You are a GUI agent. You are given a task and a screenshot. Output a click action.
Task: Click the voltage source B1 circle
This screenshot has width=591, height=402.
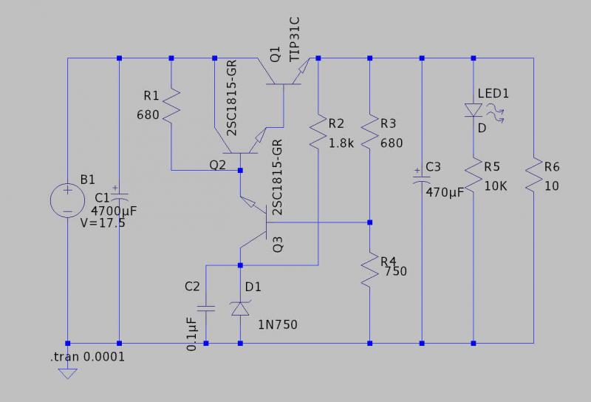[x=67, y=200]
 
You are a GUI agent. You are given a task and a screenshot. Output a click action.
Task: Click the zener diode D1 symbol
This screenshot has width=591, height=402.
[x=241, y=309]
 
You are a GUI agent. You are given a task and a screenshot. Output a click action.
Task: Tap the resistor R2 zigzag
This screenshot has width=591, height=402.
[x=318, y=133]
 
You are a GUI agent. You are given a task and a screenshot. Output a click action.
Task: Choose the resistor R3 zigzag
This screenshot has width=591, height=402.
[x=370, y=133]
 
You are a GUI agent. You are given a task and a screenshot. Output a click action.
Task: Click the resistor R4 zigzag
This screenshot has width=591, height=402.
[x=370, y=270]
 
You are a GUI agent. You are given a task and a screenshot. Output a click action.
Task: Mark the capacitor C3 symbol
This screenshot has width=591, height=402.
[x=422, y=177]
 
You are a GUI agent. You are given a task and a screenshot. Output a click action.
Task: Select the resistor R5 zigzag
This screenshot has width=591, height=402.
[x=473, y=177]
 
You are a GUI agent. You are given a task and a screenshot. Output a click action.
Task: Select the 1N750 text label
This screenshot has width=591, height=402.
[x=279, y=324]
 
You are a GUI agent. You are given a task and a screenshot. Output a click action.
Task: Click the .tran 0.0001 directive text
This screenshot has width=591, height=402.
[x=87, y=357]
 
